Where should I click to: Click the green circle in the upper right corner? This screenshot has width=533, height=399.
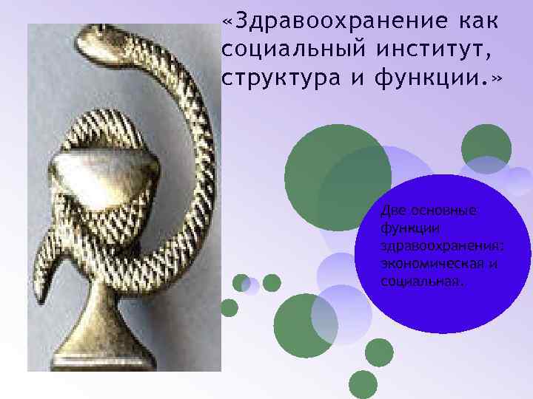pyautogui.click(x=486, y=144)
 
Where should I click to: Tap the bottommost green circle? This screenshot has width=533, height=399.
pyautogui.click(x=363, y=384)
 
